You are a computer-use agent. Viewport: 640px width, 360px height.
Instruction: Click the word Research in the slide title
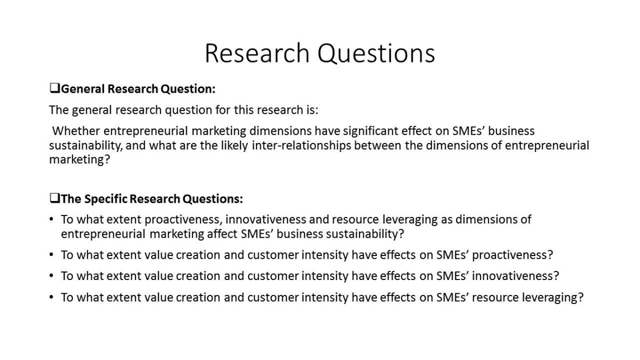point(257,53)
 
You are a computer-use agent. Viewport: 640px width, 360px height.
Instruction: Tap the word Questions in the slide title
point(377,53)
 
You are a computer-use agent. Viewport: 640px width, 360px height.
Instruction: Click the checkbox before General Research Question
point(54,88)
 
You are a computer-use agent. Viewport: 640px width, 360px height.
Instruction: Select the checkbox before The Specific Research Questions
point(54,198)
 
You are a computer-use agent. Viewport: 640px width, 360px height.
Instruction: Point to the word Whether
point(76,131)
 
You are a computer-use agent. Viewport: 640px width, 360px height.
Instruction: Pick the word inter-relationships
point(301,145)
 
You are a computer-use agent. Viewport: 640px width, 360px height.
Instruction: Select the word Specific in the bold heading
point(106,199)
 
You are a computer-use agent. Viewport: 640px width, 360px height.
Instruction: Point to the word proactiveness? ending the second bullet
point(513,255)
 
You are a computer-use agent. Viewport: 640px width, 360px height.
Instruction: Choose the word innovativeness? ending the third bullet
point(515,276)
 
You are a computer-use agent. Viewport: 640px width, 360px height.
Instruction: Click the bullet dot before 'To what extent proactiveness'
point(51,219)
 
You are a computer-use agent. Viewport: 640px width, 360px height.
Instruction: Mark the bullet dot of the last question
point(51,298)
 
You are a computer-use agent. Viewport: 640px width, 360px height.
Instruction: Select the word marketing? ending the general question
point(79,159)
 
